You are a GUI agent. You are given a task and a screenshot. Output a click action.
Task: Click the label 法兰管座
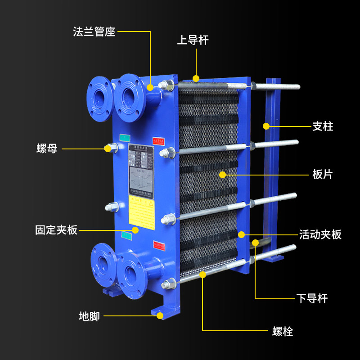tap(94, 32)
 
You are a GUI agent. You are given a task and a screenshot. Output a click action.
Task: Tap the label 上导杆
tap(193, 40)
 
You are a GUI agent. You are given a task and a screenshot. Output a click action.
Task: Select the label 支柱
tap(323, 126)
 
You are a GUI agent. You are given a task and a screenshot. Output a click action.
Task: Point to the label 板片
tap(323, 174)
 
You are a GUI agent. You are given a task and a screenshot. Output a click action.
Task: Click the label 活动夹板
tap(320, 234)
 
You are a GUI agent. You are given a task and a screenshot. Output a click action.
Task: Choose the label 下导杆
tap(312, 298)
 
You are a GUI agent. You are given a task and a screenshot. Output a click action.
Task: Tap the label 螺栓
tap(283, 332)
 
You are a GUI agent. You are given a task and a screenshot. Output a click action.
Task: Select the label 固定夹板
tap(56, 230)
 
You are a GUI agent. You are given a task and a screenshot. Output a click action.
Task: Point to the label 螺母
tap(47, 148)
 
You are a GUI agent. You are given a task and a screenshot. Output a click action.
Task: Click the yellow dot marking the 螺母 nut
tap(108, 148)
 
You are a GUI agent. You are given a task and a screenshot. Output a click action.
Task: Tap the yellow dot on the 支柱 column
tap(266, 126)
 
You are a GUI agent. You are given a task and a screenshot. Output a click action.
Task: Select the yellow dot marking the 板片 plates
tap(222, 174)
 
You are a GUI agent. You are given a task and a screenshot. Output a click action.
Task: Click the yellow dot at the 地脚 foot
tap(160, 316)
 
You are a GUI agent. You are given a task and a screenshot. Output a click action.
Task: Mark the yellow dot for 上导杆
tap(196, 78)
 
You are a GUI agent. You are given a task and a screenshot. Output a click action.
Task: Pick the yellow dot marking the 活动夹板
tap(242, 234)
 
